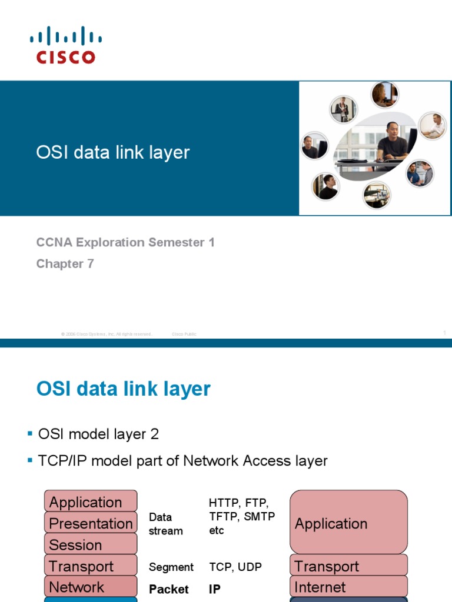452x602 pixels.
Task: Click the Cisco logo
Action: [66, 45]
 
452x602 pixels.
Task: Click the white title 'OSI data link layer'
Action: [113, 152]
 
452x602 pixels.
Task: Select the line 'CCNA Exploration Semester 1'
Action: [125, 242]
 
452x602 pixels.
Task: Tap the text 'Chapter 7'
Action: [65, 264]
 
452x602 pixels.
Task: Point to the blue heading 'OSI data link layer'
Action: [124, 389]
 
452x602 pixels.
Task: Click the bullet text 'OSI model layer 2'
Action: [98, 434]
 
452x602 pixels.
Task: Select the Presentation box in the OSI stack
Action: [91, 523]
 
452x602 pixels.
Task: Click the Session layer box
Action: [91, 545]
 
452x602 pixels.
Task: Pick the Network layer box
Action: [91, 587]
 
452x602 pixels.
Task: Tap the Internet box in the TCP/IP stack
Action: [348, 587]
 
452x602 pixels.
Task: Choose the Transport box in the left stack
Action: [91, 566]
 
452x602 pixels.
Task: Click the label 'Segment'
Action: [171, 567]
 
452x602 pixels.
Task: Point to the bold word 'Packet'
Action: [169, 589]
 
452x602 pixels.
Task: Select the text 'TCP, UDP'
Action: [235, 567]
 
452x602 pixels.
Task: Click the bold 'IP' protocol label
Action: [215, 589]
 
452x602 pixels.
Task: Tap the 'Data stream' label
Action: [165, 524]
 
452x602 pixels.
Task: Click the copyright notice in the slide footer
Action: [107, 334]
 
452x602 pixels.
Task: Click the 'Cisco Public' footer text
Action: [184, 334]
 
